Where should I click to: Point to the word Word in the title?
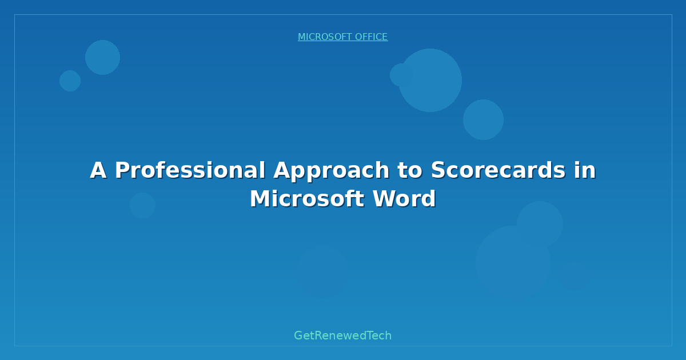404,199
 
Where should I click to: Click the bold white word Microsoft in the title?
306,199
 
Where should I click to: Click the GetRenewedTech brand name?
342,335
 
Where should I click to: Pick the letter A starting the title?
98,171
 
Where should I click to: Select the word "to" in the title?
406,171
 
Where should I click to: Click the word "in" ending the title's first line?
583,171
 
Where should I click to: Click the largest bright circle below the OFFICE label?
431,80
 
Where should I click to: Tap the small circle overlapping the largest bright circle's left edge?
401,75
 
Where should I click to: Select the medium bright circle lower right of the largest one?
483,119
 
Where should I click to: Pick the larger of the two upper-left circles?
102,57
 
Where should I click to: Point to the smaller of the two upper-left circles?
70,81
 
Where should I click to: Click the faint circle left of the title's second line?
142,205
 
